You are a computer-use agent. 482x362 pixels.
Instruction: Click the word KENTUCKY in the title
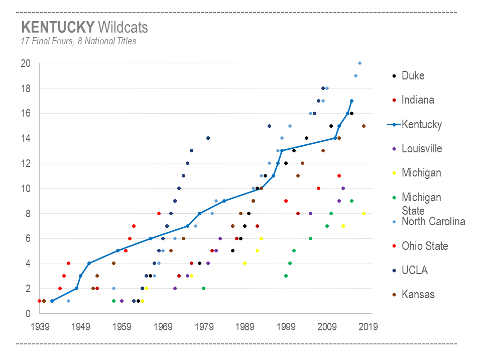[57, 27]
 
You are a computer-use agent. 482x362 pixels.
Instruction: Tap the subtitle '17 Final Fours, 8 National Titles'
[78, 41]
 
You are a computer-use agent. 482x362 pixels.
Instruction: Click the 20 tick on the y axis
[26, 63]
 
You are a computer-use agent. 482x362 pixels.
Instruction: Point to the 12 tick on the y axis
[26, 163]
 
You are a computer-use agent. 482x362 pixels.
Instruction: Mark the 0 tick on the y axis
[28, 314]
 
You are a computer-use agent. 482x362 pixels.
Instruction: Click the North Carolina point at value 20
[359, 63]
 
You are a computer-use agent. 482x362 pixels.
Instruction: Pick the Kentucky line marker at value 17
[351, 101]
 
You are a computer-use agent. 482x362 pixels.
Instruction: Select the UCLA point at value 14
[208, 138]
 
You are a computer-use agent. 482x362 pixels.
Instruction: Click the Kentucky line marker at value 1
[52, 301]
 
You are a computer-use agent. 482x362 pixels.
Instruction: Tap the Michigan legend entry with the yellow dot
[421, 173]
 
